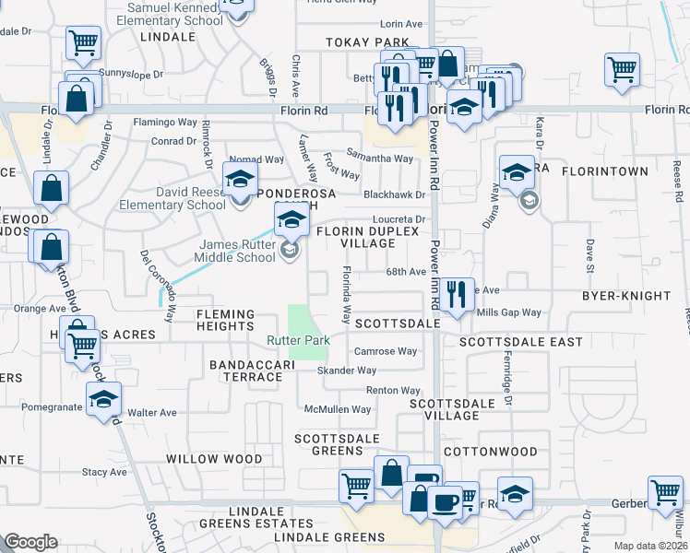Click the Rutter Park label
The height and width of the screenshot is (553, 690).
[298, 341]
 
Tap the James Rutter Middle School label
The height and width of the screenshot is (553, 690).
[238, 251]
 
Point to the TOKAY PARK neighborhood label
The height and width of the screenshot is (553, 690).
[366, 42]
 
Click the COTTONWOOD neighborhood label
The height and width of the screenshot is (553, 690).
[490, 452]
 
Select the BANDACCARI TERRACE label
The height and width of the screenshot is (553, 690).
[251, 371]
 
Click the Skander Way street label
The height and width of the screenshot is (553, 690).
[347, 371]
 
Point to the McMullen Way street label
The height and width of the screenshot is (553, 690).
[339, 409]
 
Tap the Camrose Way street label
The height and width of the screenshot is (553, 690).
[387, 351]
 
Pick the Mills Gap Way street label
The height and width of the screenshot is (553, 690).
[508, 312]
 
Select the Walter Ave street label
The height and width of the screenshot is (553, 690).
[152, 413]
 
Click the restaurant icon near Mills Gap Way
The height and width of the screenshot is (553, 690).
[457, 294]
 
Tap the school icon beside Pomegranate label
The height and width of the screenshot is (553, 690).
[103, 399]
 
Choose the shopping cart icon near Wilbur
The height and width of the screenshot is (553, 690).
[665, 492]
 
